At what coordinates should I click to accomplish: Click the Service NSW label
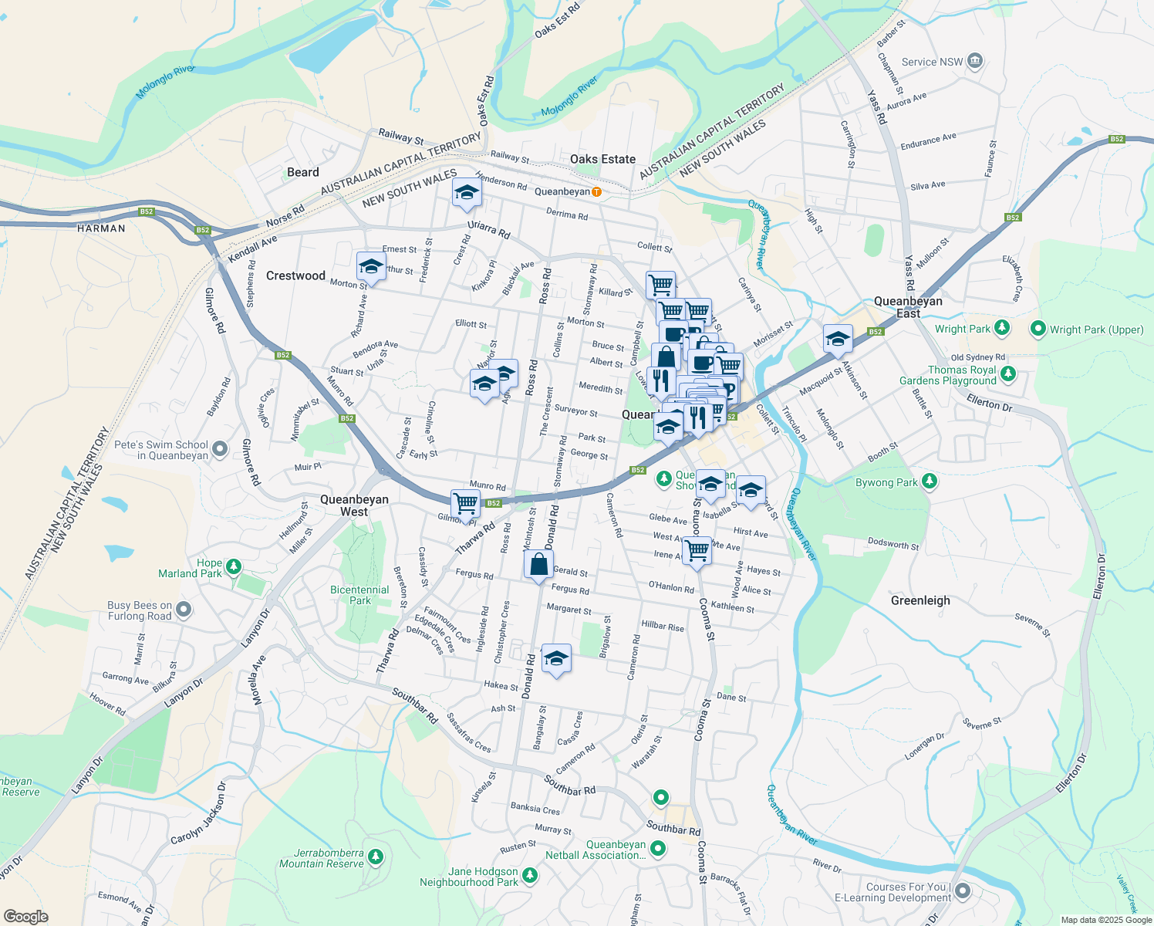pos(932,62)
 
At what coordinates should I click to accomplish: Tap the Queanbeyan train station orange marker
pos(596,191)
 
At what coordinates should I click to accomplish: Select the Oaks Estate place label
pos(602,159)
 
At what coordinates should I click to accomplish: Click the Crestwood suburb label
pos(295,275)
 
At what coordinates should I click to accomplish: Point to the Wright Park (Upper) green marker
pos(1038,329)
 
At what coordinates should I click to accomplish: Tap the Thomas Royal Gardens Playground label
pos(948,375)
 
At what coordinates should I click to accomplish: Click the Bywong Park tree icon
pos(930,482)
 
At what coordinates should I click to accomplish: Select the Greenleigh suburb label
pos(920,600)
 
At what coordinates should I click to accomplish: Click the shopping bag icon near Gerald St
pos(538,564)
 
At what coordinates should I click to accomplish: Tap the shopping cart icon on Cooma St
pos(697,550)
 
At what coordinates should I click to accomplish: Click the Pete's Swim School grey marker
pos(220,448)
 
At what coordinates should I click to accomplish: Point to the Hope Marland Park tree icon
pos(233,567)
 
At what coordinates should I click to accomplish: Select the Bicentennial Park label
pos(359,595)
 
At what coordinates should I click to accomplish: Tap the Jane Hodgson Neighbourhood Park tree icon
pos(529,875)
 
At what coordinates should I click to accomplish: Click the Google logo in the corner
pos(25,916)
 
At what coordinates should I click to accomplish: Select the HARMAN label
pos(101,228)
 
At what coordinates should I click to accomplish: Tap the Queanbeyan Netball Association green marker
pos(657,849)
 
